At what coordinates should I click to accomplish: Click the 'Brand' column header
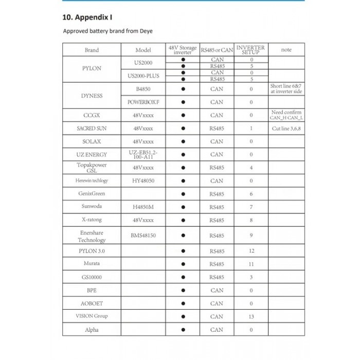[x=92, y=50]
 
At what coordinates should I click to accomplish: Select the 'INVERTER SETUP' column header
[x=251, y=50]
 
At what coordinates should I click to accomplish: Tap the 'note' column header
[x=286, y=50]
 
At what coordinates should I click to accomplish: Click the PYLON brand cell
[x=92, y=68]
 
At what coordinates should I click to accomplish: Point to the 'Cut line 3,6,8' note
[x=286, y=128]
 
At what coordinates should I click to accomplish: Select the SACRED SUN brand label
[x=92, y=128]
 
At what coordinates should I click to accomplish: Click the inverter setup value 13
[x=251, y=316]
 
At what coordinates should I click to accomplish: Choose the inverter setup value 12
[x=251, y=251]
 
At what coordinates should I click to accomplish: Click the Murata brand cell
[x=92, y=264]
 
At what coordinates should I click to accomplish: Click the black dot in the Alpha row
[x=183, y=330]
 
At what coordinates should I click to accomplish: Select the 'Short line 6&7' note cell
[x=286, y=89]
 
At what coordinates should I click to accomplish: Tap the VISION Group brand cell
[x=92, y=316]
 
